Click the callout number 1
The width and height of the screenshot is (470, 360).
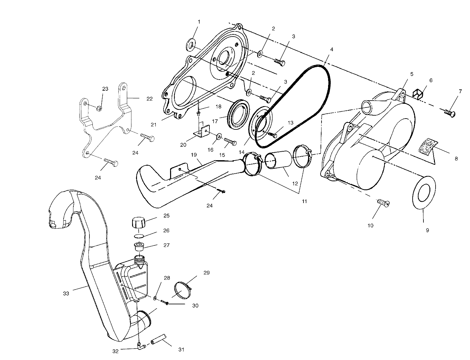pyautogui.click(x=199, y=22)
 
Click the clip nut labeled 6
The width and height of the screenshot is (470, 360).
pyautogui.click(x=418, y=94)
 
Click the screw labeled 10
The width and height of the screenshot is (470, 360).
pyautogui.click(x=383, y=202)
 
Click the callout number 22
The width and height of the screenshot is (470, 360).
pyautogui.click(x=149, y=99)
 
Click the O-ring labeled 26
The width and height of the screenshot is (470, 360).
pyautogui.click(x=139, y=236)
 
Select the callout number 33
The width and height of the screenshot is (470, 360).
pyautogui.click(x=66, y=294)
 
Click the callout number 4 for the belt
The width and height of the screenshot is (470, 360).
pyautogui.click(x=332, y=49)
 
